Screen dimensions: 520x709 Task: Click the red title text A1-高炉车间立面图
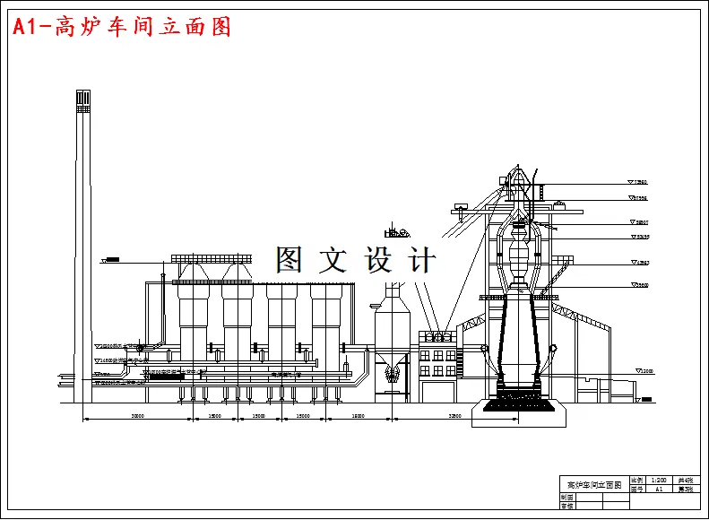coord(121,27)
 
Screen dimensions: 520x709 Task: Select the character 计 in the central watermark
coord(421,260)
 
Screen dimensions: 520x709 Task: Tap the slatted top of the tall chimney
coord(82,100)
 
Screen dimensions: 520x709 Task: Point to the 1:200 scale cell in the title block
coord(659,481)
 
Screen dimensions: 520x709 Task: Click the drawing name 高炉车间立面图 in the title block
coord(594,484)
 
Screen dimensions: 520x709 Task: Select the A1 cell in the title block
coord(659,490)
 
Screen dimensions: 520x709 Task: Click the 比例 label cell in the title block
coord(637,481)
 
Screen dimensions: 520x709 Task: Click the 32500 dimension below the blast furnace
coord(456,416)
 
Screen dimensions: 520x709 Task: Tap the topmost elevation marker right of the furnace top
coord(638,182)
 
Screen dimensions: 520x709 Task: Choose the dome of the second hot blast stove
coord(237,269)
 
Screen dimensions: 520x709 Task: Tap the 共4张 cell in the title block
coord(686,481)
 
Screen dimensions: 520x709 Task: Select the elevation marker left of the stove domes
coord(112,261)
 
